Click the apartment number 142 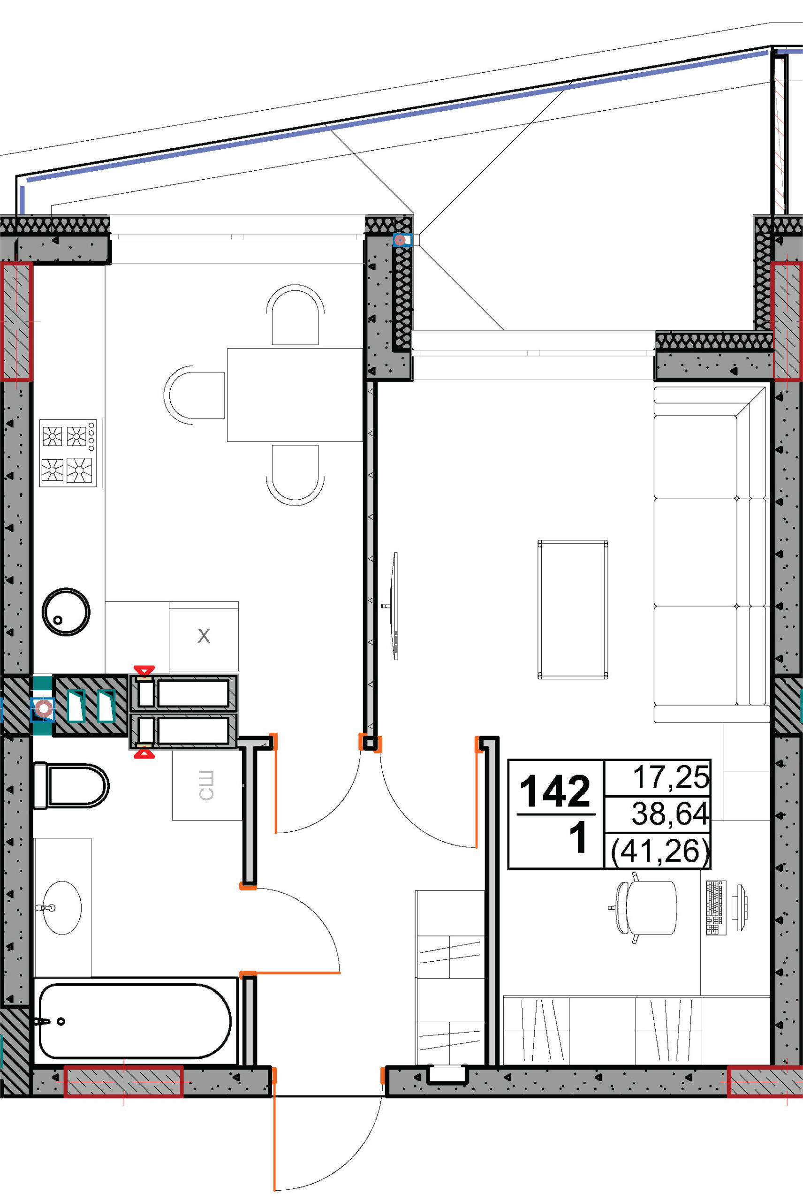coord(555,792)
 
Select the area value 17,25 coord(671,777)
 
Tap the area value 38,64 coord(670,814)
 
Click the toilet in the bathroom coord(71,786)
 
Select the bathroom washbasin coord(61,908)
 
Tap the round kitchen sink coord(66,612)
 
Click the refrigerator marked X coord(204,636)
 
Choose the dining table coord(295,395)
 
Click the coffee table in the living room coord(573,609)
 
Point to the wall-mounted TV coord(394,606)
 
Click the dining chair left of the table coord(194,395)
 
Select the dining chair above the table coord(295,315)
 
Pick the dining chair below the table coord(295,475)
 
